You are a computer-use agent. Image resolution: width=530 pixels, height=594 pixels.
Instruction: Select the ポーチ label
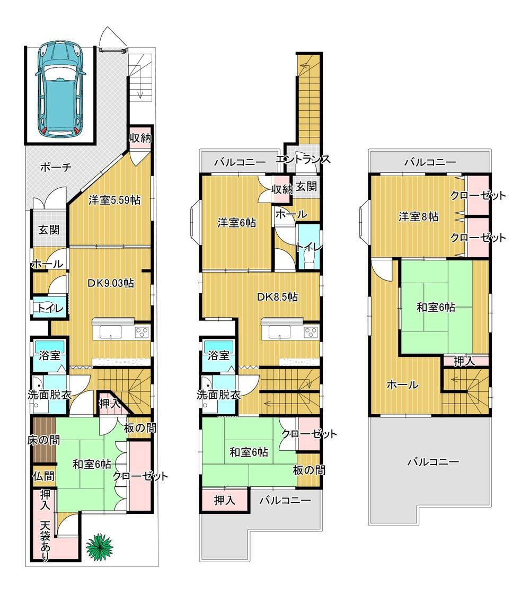pos(56,167)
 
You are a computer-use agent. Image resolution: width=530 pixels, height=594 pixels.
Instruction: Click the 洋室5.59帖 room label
pos(114,199)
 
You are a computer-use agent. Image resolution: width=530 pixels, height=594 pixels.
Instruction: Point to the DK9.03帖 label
pos(111,283)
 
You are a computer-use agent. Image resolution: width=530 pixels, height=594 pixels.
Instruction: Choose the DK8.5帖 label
pos(278,296)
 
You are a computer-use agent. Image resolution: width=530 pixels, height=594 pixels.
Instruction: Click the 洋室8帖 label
pos(419,217)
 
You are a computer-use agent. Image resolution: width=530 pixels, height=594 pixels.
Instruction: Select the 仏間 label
pos(43,476)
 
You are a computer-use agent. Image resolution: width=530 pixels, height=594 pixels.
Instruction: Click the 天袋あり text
pos(46,541)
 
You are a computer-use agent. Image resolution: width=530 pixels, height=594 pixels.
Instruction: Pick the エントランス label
pos(303,159)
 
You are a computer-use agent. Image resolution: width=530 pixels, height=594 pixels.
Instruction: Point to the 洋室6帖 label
pos(236,223)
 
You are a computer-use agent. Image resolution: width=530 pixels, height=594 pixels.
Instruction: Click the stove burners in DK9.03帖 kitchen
pos(143,332)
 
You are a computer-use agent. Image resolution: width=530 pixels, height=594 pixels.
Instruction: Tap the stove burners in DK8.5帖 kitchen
pos(311,333)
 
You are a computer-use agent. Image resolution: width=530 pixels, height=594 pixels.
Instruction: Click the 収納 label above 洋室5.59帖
pos(141,138)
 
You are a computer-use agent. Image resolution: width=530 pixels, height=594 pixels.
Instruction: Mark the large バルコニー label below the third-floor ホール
pos(433,462)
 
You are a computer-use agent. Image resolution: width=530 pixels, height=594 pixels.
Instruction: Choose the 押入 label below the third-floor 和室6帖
pos(464,361)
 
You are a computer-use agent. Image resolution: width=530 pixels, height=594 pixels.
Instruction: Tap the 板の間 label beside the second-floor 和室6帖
pos(309,470)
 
